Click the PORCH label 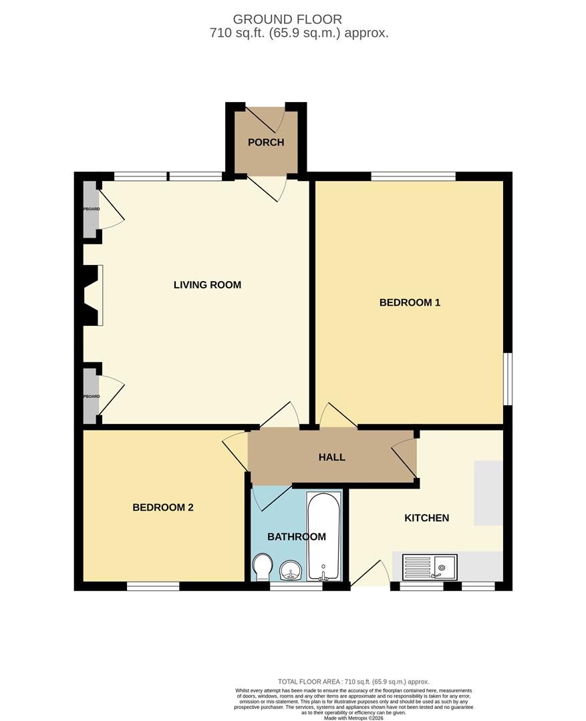(x=266, y=142)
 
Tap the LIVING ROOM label (x=207, y=285)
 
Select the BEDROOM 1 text (x=410, y=302)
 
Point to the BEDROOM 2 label (x=163, y=507)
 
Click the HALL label (x=332, y=457)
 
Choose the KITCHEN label (x=426, y=518)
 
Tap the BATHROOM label (x=296, y=537)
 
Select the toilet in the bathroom (x=262, y=567)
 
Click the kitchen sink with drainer (x=429, y=567)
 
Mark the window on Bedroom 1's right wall (x=508, y=379)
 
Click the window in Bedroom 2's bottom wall (x=153, y=586)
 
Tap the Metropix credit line (x=353, y=718)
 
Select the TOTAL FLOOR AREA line (x=353, y=682)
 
